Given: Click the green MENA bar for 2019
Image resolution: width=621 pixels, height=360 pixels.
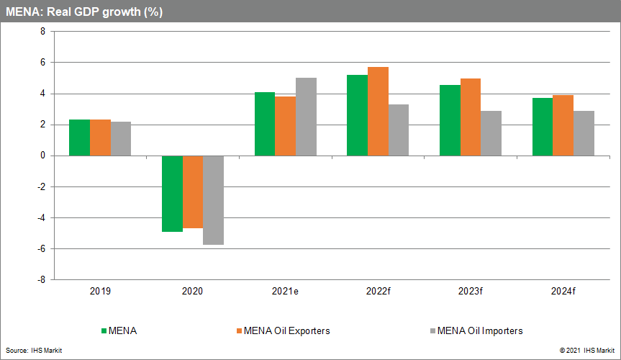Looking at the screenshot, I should [x=79, y=138].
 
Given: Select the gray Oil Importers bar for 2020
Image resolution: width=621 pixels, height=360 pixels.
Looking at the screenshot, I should [x=214, y=200].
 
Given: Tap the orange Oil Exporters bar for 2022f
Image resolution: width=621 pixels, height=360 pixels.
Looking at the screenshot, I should [x=378, y=112].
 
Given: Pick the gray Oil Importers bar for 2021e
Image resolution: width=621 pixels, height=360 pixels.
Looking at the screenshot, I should [x=306, y=117].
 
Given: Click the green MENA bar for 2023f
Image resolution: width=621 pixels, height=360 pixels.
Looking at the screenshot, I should [x=450, y=120].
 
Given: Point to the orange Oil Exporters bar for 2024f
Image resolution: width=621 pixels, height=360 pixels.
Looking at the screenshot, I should [x=563, y=125].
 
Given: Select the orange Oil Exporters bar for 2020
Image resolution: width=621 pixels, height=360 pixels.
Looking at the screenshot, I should [x=193, y=192].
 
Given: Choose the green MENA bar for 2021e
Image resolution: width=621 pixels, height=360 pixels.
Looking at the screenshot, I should [x=265, y=124].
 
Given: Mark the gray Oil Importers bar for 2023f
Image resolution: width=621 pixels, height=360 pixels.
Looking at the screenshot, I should [x=491, y=133].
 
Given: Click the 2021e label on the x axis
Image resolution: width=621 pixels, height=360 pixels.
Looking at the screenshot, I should [x=285, y=292].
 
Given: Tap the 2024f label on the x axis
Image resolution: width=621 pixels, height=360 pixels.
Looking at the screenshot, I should [x=563, y=292].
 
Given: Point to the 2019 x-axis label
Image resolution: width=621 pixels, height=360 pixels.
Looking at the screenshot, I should [x=100, y=292].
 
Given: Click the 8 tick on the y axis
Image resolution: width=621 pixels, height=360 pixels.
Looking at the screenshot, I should [x=42, y=32].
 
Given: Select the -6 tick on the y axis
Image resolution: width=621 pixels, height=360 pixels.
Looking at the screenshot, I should [x=40, y=248].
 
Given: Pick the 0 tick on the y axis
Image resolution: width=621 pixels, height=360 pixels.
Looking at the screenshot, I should [x=42, y=156].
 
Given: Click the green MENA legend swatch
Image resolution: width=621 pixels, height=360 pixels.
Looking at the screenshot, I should [x=103, y=331].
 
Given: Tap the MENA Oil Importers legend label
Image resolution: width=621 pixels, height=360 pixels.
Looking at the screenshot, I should [x=479, y=331].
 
